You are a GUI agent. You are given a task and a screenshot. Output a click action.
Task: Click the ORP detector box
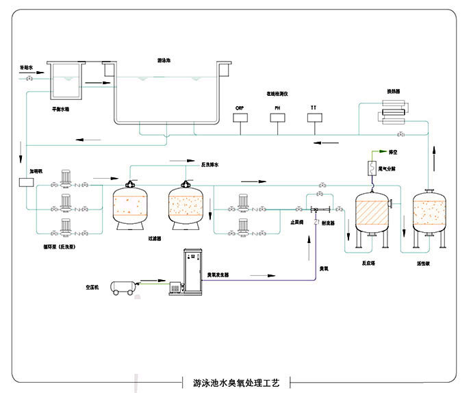point(240,118)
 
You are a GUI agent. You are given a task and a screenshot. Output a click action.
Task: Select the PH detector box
point(277,118)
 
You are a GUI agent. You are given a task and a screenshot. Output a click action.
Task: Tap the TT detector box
point(314,118)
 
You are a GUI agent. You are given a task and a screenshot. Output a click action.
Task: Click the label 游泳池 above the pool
point(164,61)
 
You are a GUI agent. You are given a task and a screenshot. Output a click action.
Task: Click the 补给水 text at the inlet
point(27,68)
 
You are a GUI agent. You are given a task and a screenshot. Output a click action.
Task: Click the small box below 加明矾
point(27,182)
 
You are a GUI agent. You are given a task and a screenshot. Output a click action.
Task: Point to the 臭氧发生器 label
point(218,274)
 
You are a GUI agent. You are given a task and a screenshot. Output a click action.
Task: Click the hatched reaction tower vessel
point(372,213)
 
